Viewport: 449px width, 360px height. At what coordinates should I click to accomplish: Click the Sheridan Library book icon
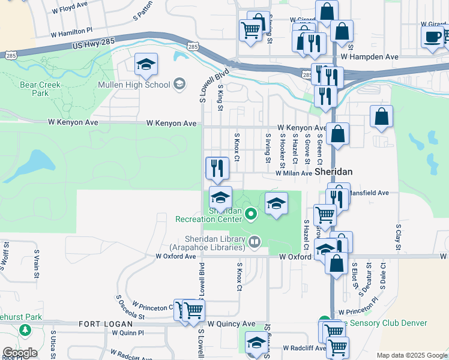255,241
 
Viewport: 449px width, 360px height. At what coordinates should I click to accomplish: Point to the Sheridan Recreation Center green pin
252,213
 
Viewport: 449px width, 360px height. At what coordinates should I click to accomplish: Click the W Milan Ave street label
294,173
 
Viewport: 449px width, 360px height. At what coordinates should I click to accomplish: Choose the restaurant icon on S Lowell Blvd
217,169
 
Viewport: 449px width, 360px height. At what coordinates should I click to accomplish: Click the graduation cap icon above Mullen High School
146,66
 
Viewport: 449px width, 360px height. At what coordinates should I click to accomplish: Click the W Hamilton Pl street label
72,31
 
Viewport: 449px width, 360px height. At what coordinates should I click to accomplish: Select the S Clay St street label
397,238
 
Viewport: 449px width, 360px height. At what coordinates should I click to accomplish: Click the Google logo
20,353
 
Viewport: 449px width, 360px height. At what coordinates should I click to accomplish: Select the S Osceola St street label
130,307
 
